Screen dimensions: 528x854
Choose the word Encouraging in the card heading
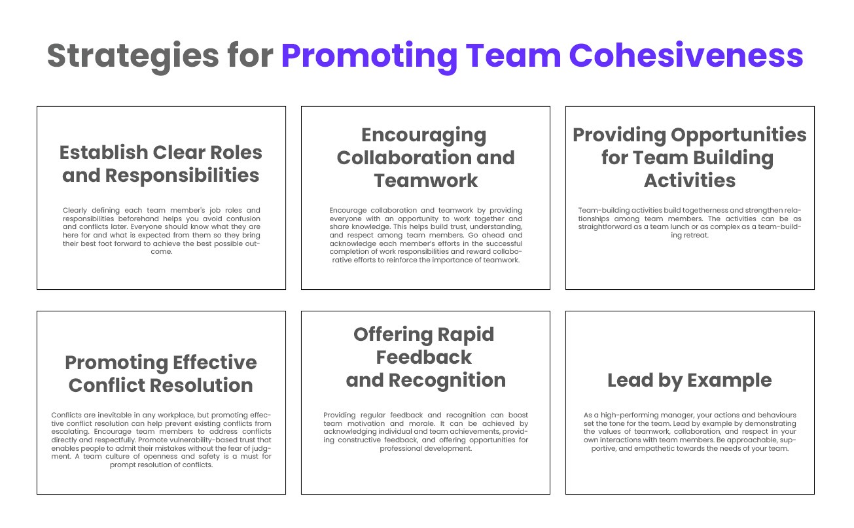click(424, 135)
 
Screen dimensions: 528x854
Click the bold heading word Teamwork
click(425, 181)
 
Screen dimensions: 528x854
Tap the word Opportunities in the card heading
click(739, 135)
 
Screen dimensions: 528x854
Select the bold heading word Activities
click(690, 181)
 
